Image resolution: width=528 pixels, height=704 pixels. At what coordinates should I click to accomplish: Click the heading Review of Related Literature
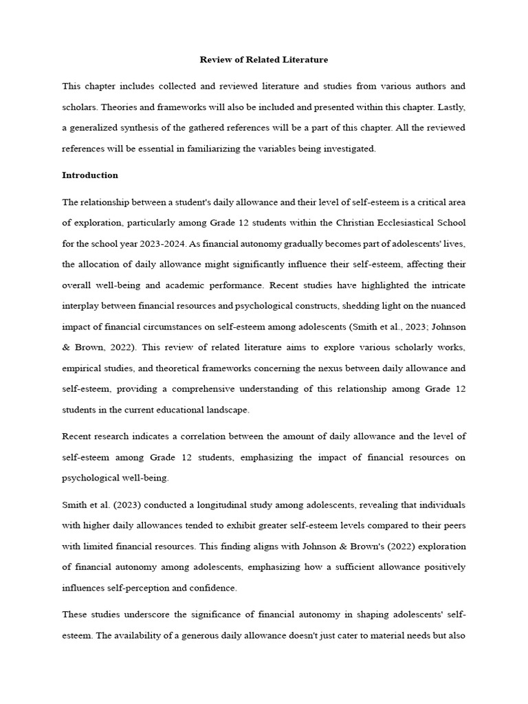[x=264, y=60]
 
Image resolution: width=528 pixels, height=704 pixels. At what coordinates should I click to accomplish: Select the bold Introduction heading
[x=90, y=175]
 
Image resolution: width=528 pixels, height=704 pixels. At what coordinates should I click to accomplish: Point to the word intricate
[x=446, y=285]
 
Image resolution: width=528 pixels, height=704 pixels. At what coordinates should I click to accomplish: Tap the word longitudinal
[x=210, y=505]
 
